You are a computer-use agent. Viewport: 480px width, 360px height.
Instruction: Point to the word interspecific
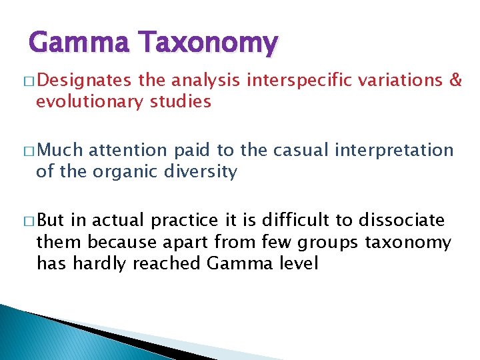click(x=299, y=81)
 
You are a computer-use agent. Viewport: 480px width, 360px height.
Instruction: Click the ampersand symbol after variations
click(x=456, y=81)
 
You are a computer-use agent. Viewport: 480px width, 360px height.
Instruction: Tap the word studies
click(x=181, y=102)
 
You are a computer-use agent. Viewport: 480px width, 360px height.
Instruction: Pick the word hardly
click(x=100, y=263)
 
